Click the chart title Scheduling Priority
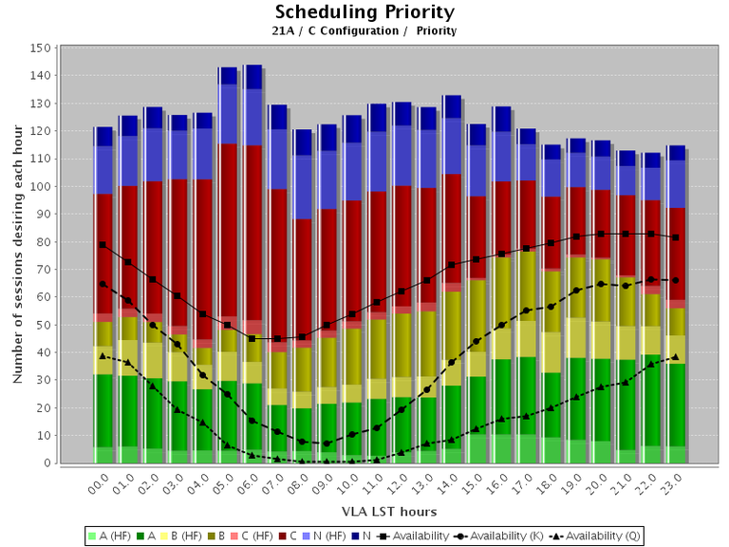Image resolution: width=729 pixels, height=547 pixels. [364, 12]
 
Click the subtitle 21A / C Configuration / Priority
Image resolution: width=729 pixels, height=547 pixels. [364, 31]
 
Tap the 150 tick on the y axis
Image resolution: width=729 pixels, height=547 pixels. [41, 47]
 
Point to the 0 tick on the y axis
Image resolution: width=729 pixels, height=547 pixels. [47, 463]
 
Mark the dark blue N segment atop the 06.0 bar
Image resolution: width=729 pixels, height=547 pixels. [252, 77]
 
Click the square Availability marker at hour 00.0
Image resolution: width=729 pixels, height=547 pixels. [103, 245]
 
